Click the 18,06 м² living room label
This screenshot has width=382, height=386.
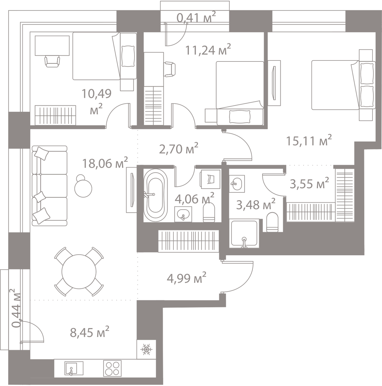[x=105, y=163]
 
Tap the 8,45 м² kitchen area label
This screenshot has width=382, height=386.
[x=90, y=332]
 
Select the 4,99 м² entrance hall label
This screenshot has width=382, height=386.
[x=186, y=278]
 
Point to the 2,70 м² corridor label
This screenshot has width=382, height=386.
[x=179, y=148]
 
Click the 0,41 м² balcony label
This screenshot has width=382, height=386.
[x=196, y=17]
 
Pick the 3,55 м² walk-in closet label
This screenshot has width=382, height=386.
[x=309, y=184]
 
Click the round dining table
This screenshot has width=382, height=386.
[x=79, y=272]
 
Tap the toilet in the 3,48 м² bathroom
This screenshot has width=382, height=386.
[x=272, y=222]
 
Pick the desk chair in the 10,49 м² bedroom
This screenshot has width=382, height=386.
[x=52, y=61]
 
